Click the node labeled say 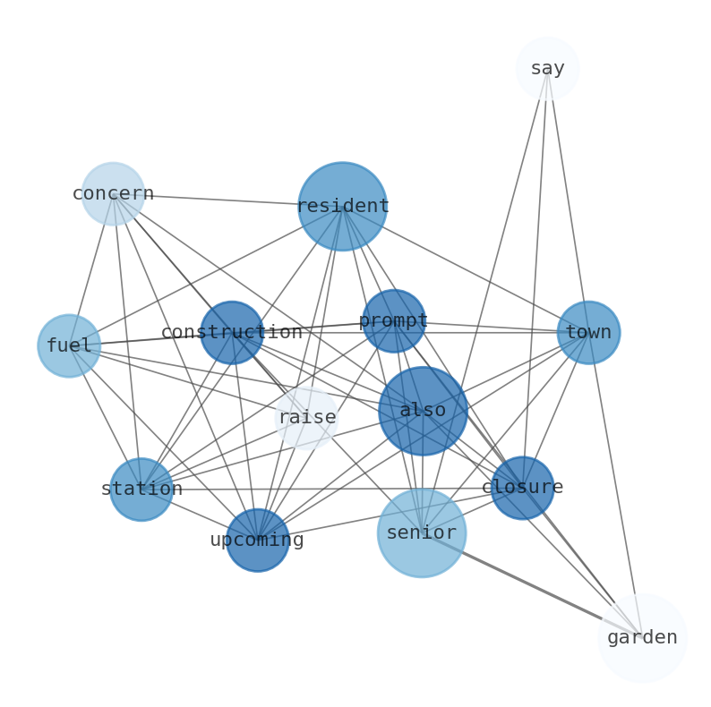[x=547, y=68]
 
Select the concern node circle [x=113, y=193]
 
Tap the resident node [x=342, y=206]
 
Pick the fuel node [x=69, y=345]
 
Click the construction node [x=232, y=332]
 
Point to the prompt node [x=393, y=320]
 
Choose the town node [x=588, y=332]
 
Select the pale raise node [x=307, y=418]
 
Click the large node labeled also [x=423, y=411]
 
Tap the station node [x=141, y=489]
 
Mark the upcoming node [x=257, y=540]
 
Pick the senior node [x=421, y=532]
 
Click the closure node [x=522, y=488]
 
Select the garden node [x=642, y=637]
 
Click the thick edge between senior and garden [x=532, y=585]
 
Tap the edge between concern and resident [x=227, y=200]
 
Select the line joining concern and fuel [x=91, y=269]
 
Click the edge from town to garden [x=615, y=484]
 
